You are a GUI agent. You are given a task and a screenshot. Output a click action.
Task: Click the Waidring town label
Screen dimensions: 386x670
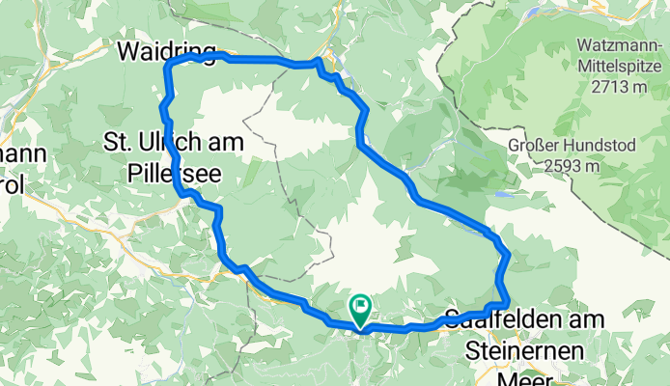tap(160, 50)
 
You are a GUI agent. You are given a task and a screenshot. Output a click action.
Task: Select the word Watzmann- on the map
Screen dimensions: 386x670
tap(618, 45)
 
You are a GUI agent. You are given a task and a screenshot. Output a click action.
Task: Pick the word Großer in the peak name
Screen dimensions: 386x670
tap(533, 147)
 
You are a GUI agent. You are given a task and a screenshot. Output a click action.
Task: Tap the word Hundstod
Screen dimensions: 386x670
tap(597, 147)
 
